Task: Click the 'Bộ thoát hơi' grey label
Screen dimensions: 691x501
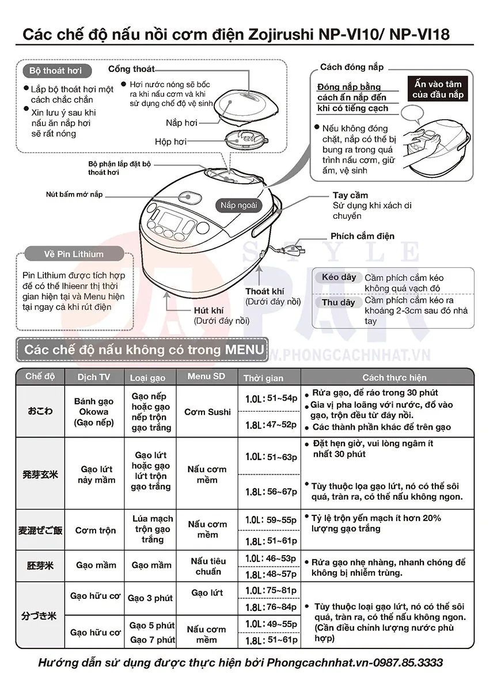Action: point(55,71)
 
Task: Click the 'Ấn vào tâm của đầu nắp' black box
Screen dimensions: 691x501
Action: point(438,90)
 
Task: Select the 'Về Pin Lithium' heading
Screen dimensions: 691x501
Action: point(74,254)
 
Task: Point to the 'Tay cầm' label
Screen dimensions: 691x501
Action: point(350,195)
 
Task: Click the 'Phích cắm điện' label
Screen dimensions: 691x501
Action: point(362,236)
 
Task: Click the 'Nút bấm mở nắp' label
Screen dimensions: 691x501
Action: point(74,195)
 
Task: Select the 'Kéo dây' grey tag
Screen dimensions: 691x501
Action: point(339,277)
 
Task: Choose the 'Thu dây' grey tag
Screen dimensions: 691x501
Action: point(338,302)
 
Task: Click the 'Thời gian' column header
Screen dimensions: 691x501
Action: point(263,378)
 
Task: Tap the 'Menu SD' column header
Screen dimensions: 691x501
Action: point(206,377)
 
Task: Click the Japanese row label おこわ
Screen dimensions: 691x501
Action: point(40,411)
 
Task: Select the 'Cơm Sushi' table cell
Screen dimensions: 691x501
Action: point(207,412)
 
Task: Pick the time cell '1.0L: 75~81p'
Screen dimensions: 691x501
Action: point(271,590)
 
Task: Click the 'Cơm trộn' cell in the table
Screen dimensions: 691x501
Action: point(96,530)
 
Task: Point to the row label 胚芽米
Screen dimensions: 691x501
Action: point(40,565)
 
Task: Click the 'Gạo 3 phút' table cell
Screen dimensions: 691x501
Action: point(150,598)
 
